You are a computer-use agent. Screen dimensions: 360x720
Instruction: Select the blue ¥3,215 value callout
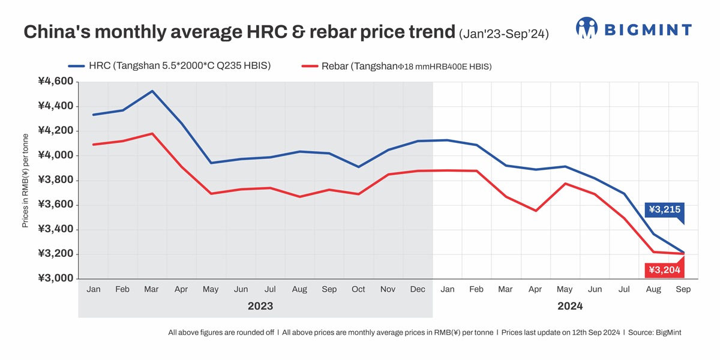[664, 209]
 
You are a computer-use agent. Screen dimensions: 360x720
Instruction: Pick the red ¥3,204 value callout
[664, 271]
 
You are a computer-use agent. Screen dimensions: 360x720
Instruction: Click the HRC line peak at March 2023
[152, 91]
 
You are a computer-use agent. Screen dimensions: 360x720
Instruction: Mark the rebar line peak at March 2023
[152, 133]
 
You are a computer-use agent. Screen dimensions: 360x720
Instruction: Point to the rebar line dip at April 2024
[535, 211]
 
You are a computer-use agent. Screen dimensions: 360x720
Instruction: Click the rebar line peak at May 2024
[565, 184]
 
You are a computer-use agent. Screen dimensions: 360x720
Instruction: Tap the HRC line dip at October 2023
[358, 167]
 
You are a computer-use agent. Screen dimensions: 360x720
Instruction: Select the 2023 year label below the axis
[260, 306]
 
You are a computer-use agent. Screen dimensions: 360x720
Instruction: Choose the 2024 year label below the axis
[569, 306]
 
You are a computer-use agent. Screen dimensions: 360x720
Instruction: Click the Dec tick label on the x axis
[418, 289]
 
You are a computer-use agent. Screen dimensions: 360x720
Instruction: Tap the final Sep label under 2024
[683, 289]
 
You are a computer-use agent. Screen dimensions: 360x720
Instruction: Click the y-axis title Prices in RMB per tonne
[25, 180]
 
